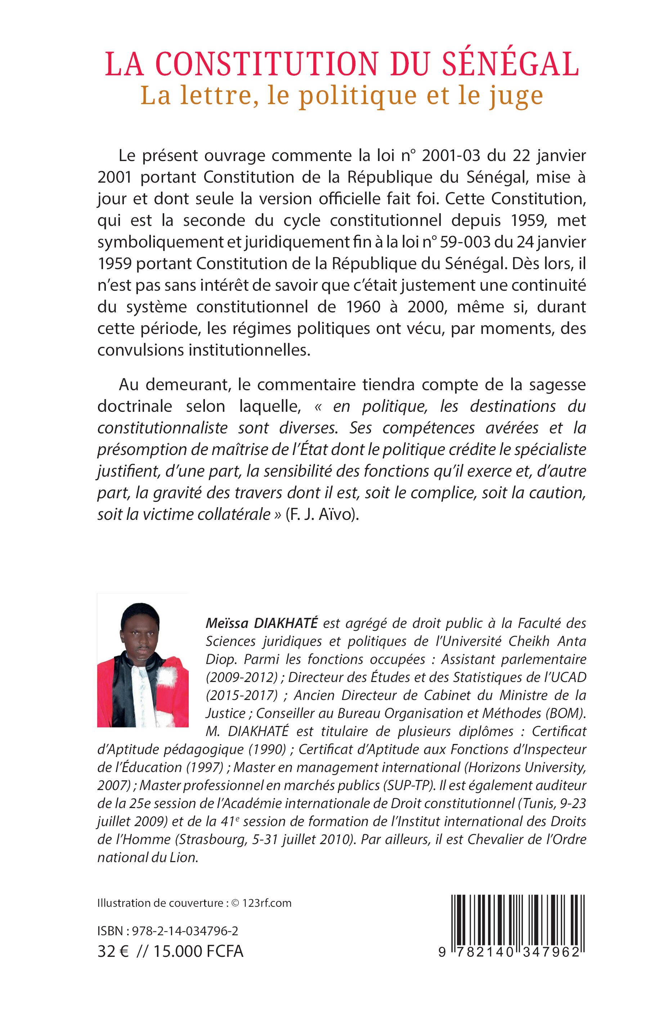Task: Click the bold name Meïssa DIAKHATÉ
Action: pos(261,623)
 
